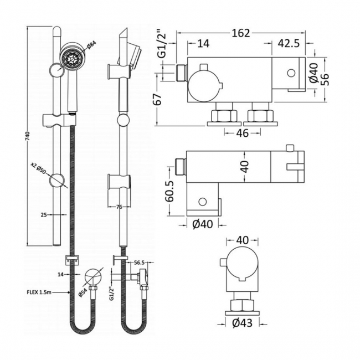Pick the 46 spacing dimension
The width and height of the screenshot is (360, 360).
pos(241,133)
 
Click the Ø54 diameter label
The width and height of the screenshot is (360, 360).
pos(83,292)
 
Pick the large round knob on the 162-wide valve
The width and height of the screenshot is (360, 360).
pos(204,88)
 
